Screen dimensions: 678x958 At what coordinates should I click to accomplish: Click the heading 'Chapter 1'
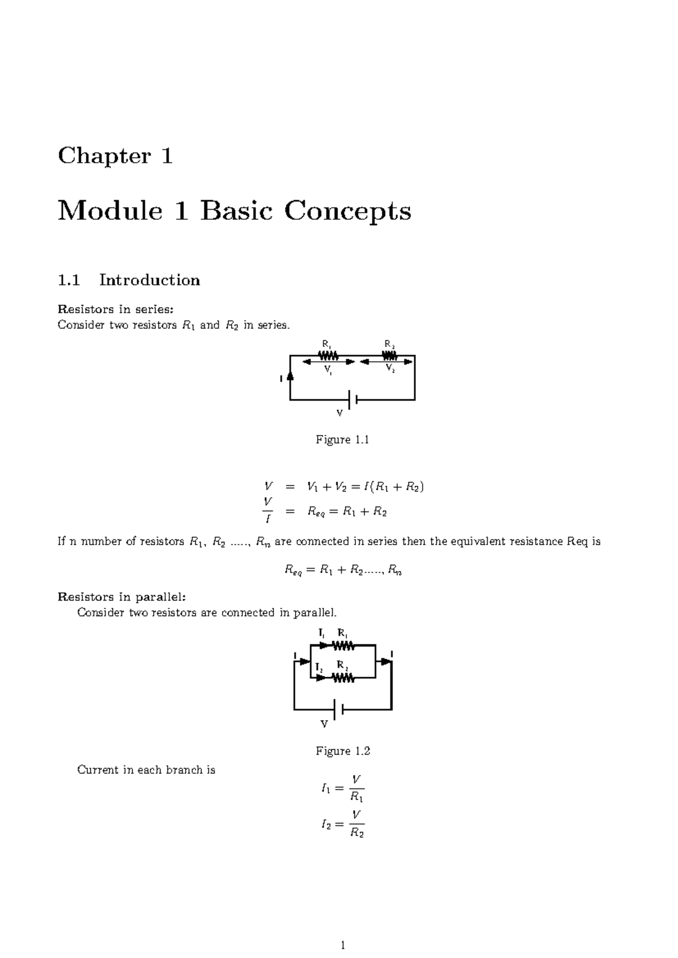click(x=115, y=156)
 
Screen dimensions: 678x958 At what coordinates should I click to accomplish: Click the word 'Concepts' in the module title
click(x=347, y=211)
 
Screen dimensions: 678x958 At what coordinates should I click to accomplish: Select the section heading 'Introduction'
click(x=150, y=280)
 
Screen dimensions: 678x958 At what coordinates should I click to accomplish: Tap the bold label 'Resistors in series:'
click(x=116, y=309)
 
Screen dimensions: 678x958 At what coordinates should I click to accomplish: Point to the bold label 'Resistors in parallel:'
click(x=121, y=597)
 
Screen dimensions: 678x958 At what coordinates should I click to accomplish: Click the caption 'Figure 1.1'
click(x=342, y=440)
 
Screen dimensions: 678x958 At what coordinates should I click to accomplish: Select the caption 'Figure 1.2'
click(x=342, y=751)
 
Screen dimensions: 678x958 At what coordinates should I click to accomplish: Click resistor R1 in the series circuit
click(x=328, y=356)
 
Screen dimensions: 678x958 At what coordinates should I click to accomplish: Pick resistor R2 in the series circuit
click(x=390, y=356)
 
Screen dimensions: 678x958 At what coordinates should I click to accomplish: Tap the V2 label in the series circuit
click(x=390, y=368)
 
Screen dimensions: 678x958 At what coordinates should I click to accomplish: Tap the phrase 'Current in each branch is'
click(x=146, y=770)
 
